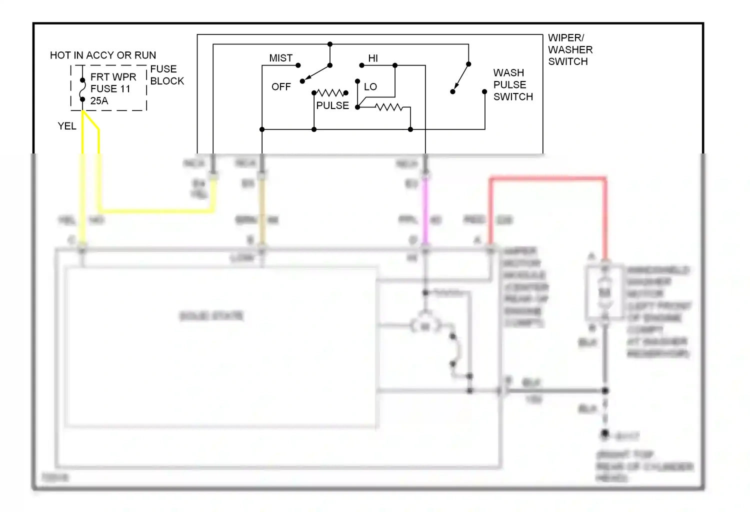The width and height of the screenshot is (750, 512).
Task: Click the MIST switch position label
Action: [x=280, y=58]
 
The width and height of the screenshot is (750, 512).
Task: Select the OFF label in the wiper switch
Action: [x=281, y=87]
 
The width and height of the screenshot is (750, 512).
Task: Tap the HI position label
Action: [x=373, y=58]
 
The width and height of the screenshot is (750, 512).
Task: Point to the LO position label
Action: [x=370, y=87]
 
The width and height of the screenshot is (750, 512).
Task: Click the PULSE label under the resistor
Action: [x=332, y=105]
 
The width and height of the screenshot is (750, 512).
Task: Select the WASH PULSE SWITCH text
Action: [x=512, y=85]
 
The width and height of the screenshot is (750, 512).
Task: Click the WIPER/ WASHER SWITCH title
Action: [x=570, y=49]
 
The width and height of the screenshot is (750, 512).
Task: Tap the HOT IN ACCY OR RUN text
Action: [x=103, y=55]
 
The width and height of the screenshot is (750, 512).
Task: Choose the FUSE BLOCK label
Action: [x=166, y=75]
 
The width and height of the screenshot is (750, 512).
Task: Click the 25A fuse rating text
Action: [x=99, y=101]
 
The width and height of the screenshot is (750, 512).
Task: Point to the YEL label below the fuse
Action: [x=67, y=126]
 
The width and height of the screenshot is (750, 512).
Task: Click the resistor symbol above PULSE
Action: [x=330, y=93]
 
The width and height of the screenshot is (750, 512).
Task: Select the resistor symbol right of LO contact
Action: [x=388, y=107]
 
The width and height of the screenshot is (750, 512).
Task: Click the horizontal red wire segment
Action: [x=548, y=178]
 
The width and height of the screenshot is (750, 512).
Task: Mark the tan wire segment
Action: [x=261, y=210]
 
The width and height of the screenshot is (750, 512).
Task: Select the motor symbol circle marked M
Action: [x=425, y=326]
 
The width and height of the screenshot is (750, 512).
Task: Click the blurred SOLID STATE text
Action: [x=211, y=316]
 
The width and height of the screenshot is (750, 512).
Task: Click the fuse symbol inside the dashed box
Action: [x=82, y=90]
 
